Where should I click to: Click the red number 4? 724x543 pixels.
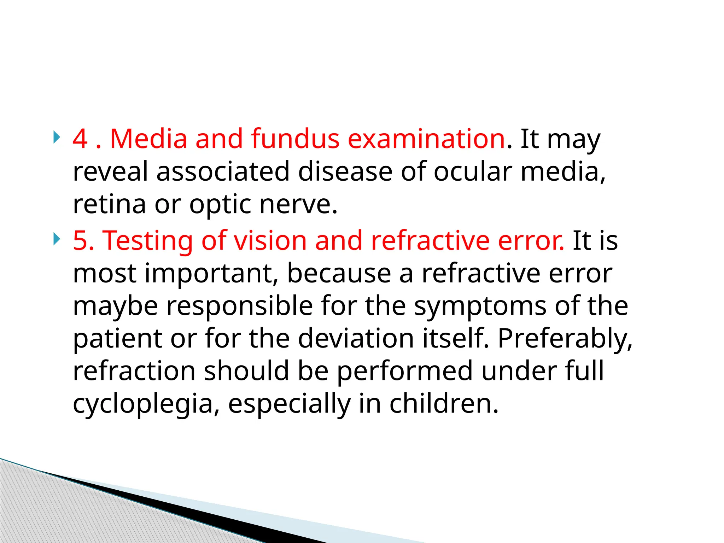[80, 139]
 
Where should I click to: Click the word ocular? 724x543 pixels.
[473, 172]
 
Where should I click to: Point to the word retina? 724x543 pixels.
[109, 204]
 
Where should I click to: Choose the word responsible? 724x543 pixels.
[239, 306]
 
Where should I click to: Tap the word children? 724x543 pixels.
[444, 404]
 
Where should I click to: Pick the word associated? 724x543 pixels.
[223, 172]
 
